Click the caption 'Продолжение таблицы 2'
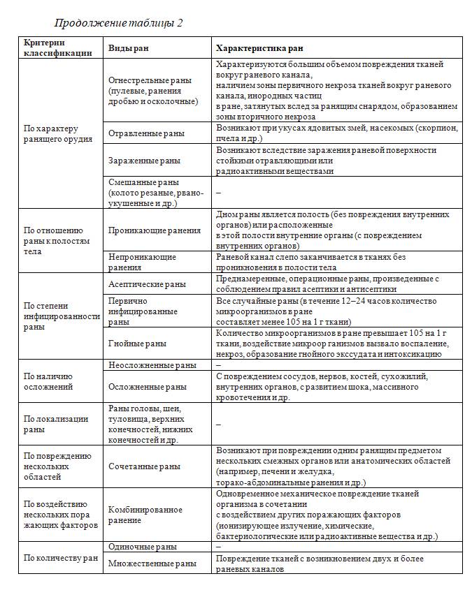point(119,23)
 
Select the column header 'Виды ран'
point(128,48)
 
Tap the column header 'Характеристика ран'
point(260,48)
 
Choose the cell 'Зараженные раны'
point(144,160)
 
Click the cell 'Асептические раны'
point(147,284)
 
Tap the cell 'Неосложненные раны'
point(152,365)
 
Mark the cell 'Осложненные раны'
point(148,386)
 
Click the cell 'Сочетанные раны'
point(144,466)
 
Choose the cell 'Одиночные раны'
point(143,547)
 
